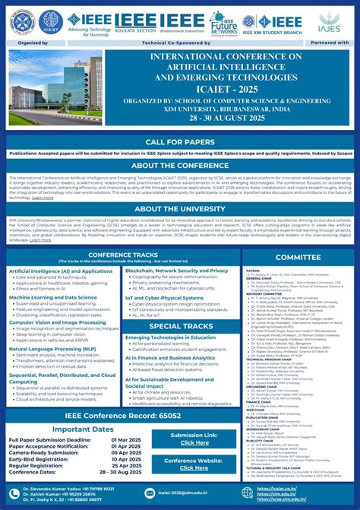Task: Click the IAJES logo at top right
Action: pos(330,21)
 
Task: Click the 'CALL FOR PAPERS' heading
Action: pos(179,142)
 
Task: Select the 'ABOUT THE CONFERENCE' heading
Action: pos(179,166)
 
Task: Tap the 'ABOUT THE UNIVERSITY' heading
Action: pos(179,208)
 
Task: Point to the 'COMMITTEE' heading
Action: pos(298,258)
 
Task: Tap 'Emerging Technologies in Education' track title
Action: pos(170,337)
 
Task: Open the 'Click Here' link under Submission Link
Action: pos(194,442)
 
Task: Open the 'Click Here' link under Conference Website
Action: pos(194,468)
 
